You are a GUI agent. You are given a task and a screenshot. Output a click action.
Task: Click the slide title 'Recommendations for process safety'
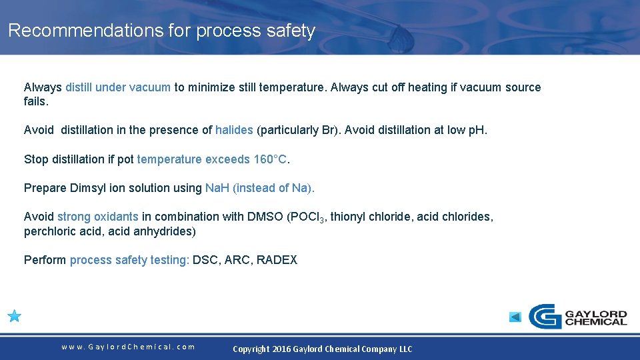pyautogui.click(x=161, y=31)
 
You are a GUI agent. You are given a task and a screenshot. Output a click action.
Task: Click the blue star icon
pyautogui.click(x=15, y=316)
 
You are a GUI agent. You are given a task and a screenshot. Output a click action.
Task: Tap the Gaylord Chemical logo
pyautogui.click(x=577, y=316)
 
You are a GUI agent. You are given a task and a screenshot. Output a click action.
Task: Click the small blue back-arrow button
pyautogui.click(x=515, y=317)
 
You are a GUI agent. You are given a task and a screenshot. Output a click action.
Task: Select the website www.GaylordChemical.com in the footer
pyautogui.click(x=128, y=347)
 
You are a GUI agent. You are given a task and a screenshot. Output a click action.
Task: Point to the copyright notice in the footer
pyautogui.click(x=322, y=349)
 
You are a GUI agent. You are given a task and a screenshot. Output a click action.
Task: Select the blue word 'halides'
pyautogui.click(x=234, y=130)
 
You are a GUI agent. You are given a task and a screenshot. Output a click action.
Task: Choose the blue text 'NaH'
pyautogui.click(x=217, y=188)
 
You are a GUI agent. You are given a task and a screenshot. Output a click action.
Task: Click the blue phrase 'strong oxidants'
pyautogui.click(x=98, y=217)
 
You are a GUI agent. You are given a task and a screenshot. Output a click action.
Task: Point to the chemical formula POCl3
pyautogui.click(x=306, y=217)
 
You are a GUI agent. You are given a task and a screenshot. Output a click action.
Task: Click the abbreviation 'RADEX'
pyautogui.click(x=277, y=260)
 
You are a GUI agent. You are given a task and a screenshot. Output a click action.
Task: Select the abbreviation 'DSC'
pyautogui.click(x=205, y=260)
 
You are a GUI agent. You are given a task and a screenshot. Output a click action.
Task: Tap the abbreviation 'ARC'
pyautogui.click(x=237, y=260)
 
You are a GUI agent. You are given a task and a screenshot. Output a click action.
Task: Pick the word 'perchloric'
pyautogui.click(x=51, y=232)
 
